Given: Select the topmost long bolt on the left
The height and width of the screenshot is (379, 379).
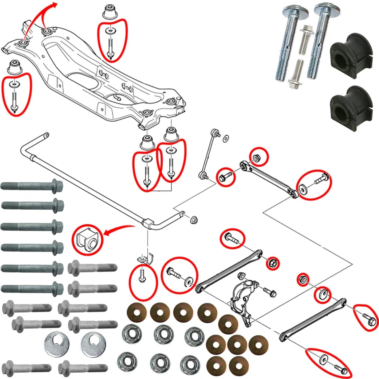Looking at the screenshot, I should click(x=32, y=185).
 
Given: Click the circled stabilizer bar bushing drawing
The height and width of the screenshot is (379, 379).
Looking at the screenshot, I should click(x=87, y=239).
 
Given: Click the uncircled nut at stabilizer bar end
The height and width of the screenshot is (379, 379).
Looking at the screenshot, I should click(x=194, y=219).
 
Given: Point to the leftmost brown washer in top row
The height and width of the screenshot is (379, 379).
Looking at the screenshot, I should click(x=137, y=313).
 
